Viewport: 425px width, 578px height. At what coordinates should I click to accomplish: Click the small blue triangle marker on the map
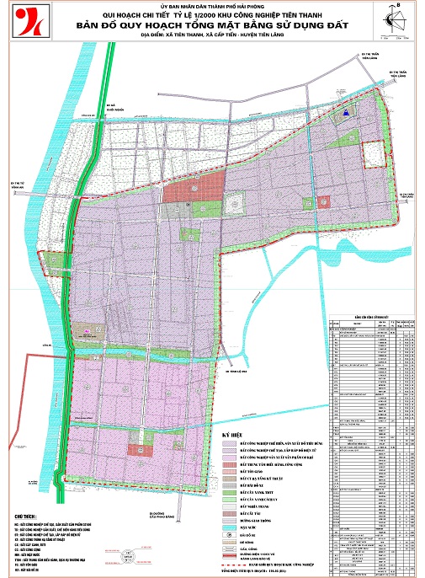[x=343, y=112]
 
